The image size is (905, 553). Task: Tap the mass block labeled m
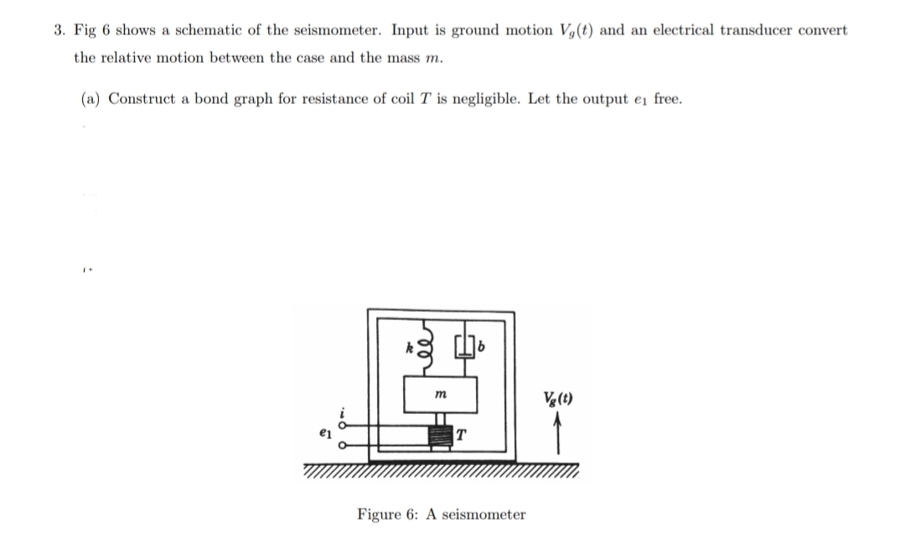pyautogui.click(x=441, y=393)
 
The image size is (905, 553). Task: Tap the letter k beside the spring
pyautogui.click(x=407, y=345)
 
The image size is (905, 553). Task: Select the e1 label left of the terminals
pyautogui.click(x=324, y=436)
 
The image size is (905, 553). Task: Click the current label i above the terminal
pyautogui.click(x=342, y=411)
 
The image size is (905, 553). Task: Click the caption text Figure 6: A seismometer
pyautogui.click(x=442, y=514)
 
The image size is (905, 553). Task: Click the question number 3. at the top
pyautogui.click(x=59, y=30)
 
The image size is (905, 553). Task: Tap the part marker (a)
pyautogui.click(x=90, y=99)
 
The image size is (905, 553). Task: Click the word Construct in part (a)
pyautogui.click(x=140, y=99)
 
